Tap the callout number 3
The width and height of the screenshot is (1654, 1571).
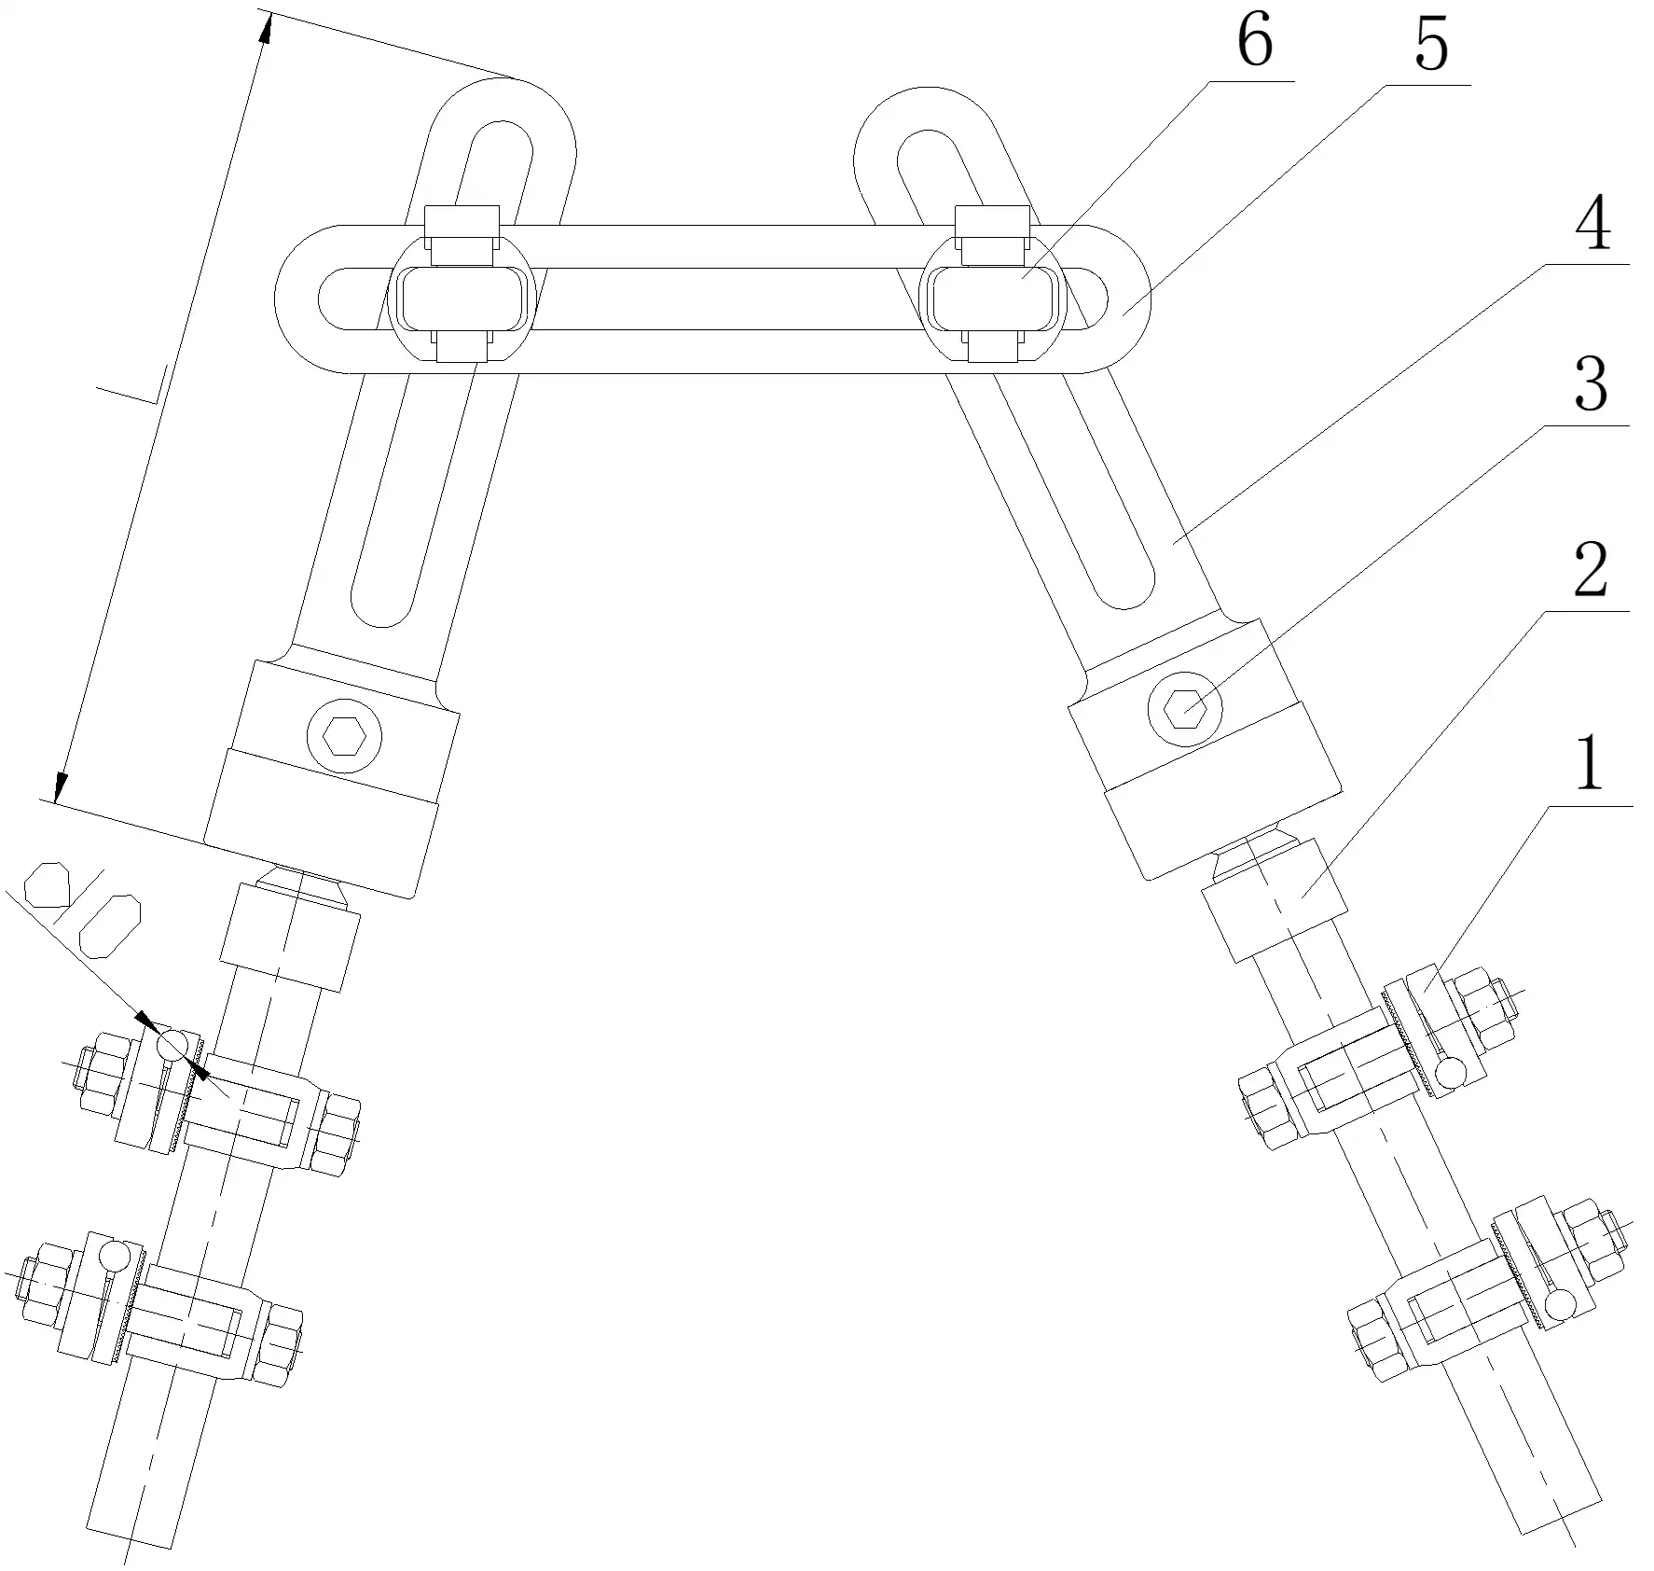pyautogui.click(x=1591, y=385)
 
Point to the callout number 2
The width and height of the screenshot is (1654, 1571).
pyautogui.click(x=1591, y=570)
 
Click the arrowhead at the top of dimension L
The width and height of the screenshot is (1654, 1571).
pyautogui.click(x=266, y=30)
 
